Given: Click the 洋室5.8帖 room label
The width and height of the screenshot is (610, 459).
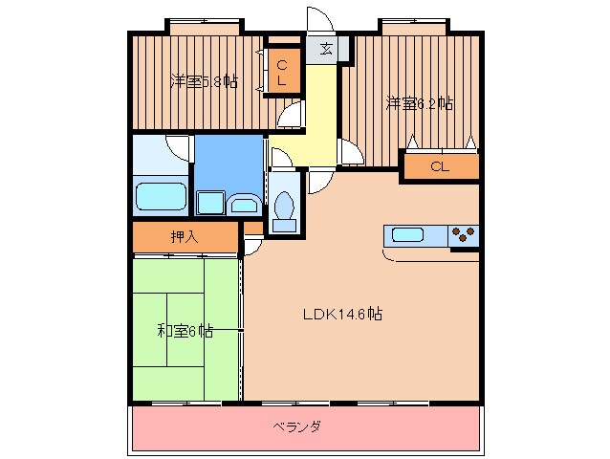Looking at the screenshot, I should click(x=205, y=81).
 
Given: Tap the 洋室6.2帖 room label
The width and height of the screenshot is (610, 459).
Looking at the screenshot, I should click(x=419, y=102).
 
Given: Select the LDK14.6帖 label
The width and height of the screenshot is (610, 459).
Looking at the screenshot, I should click(x=343, y=313).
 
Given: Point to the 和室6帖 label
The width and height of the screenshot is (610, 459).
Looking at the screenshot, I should click(x=185, y=331).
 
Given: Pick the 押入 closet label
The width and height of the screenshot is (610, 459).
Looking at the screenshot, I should click(x=184, y=237).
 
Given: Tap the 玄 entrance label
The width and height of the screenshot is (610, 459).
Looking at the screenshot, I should click(x=326, y=49).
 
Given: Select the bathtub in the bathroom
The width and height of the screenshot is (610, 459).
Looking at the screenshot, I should click(x=161, y=196).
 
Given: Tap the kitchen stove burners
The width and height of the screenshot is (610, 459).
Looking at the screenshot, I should click(x=463, y=234).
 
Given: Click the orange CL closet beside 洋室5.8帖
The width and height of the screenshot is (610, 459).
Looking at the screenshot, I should click(x=282, y=73).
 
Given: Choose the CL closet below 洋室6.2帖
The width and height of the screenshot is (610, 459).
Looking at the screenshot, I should click(x=439, y=166).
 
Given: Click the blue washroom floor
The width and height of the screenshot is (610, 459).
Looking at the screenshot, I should click(x=228, y=163).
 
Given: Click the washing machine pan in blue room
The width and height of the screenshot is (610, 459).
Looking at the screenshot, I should click(x=210, y=203).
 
